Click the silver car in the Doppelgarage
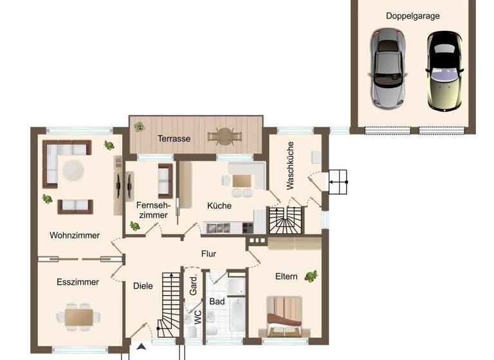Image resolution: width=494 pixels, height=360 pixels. click(388, 69)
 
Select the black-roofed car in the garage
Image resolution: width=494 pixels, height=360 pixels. click(444, 69)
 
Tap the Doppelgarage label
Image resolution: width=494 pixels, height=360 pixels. click(412, 16)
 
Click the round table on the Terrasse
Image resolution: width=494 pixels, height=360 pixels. click(224, 136)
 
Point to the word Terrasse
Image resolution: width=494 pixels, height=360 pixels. click(174, 138)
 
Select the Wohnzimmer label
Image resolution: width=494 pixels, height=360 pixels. click(75, 235)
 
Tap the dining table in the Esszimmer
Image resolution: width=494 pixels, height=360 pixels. click(78, 316)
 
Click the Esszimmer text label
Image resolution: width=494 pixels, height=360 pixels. click(77, 282)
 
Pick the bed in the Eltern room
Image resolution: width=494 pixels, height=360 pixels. click(284, 316)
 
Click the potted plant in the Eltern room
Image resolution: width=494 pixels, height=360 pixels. click(312, 276)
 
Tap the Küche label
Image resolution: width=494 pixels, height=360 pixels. click(219, 206)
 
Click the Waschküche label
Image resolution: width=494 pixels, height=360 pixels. click(290, 165)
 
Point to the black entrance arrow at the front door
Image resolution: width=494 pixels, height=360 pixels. click(141, 347)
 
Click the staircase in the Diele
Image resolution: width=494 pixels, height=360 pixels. click(170, 302)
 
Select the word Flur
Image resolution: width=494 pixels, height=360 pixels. click(208, 253)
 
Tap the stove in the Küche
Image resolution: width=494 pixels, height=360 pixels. click(248, 227)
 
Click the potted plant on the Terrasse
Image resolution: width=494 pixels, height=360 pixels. click(139, 127)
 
